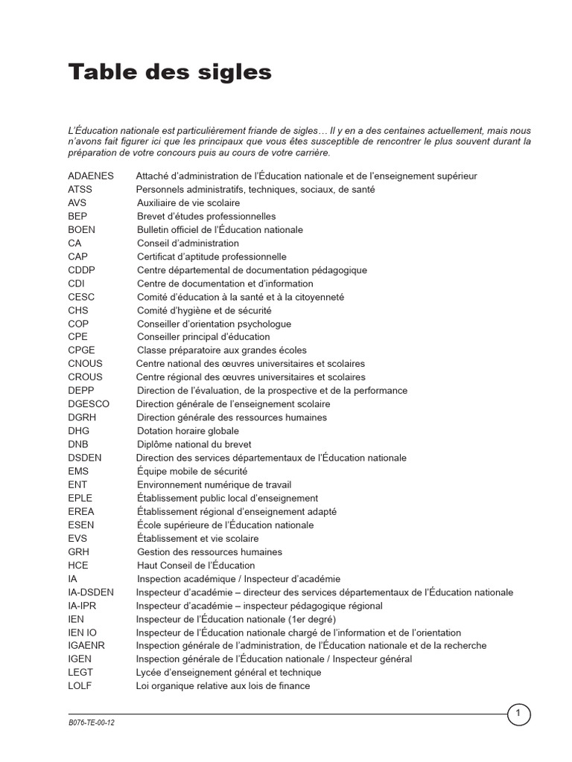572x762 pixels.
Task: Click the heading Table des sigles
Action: pyautogui.click(x=170, y=73)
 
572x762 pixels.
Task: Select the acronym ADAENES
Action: pyautogui.click(x=91, y=176)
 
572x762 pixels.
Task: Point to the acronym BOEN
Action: pyautogui.click(x=81, y=230)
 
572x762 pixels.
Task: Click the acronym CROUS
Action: pyautogui.click(x=85, y=377)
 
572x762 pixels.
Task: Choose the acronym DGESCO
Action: pyautogui.click(x=88, y=404)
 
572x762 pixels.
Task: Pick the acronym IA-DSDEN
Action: pyautogui.click(x=91, y=592)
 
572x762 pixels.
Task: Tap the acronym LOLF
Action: pyautogui.click(x=80, y=686)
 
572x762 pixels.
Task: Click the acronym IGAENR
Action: pyautogui.click(x=86, y=646)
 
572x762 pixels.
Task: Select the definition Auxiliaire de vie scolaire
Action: pyautogui.click(x=188, y=203)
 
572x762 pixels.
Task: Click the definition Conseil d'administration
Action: pyautogui.click(x=188, y=243)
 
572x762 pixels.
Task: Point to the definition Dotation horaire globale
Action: pyautogui.click(x=188, y=431)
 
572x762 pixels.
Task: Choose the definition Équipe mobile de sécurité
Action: pyautogui.click(x=192, y=471)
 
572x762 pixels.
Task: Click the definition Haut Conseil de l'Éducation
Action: pyautogui.click(x=195, y=566)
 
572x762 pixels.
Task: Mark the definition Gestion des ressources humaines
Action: pyautogui.click(x=209, y=552)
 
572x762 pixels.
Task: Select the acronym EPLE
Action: pyautogui.click(x=80, y=498)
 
